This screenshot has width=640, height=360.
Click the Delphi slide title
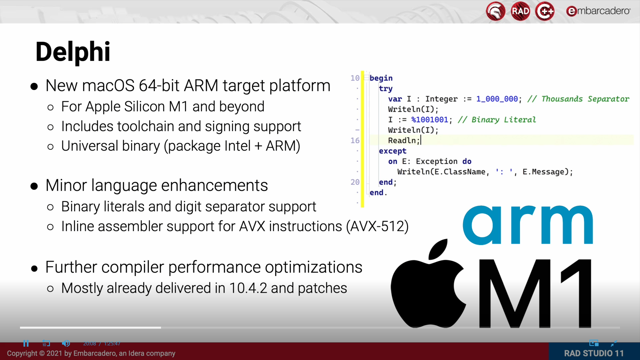click(x=73, y=52)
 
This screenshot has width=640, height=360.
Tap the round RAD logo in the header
click(x=520, y=11)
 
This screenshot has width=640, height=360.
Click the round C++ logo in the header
click(x=545, y=11)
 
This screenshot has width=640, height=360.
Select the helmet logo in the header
click(x=496, y=11)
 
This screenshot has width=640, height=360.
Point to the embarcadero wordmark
click(x=598, y=11)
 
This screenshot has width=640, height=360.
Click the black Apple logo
click(x=428, y=287)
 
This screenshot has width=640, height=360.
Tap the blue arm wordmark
click(x=528, y=225)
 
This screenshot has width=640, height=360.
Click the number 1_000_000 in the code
click(x=497, y=99)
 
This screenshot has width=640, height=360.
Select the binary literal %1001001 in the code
click(x=430, y=120)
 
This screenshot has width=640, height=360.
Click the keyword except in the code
click(x=392, y=151)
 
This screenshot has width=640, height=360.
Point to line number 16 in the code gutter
click(x=355, y=141)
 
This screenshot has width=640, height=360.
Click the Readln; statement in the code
click(x=403, y=141)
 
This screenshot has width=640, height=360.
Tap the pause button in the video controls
click(x=26, y=343)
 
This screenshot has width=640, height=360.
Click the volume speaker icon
click(x=66, y=343)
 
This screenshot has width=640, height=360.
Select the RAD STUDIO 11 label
click(x=594, y=353)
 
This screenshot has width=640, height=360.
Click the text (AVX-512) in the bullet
click(x=377, y=226)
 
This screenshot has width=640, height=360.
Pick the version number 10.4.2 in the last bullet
click(x=248, y=288)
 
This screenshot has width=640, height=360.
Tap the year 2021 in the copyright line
click(x=54, y=353)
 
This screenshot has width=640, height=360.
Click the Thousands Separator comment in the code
click(x=585, y=99)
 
